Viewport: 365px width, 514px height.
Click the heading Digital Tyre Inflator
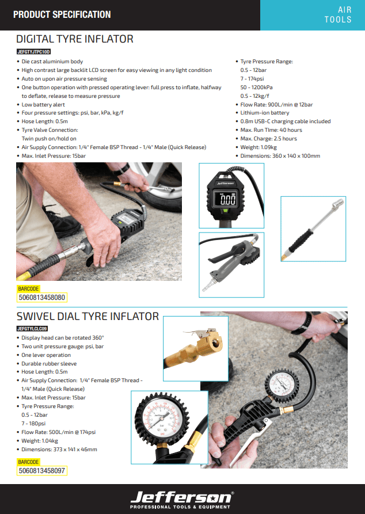point(75,39)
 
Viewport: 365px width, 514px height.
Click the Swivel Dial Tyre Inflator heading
point(88,317)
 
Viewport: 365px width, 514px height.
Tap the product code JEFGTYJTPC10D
point(33,52)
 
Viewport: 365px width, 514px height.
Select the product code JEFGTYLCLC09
point(32,329)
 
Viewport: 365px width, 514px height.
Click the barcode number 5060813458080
point(42,298)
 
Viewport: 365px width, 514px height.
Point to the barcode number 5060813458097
point(42,471)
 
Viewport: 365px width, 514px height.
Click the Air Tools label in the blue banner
point(338,15)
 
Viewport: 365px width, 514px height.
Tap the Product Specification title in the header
point(62,15)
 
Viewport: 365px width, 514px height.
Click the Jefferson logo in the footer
point(182,500)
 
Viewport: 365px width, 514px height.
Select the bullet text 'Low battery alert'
point(43,105)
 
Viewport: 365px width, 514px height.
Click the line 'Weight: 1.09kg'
point(258,147)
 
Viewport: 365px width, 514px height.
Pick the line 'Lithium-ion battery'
point(265,113)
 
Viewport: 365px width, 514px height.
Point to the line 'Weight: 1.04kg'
point(40,441)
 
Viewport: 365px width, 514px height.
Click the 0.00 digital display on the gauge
point(227,199)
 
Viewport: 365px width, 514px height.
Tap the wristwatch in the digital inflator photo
point(121,169)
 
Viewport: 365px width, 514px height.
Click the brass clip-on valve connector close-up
point(196,349)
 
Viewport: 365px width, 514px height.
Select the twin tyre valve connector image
point(313,229)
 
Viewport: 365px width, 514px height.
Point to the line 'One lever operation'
point(46,355)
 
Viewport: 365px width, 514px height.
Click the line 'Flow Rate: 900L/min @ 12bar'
point(276,105)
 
